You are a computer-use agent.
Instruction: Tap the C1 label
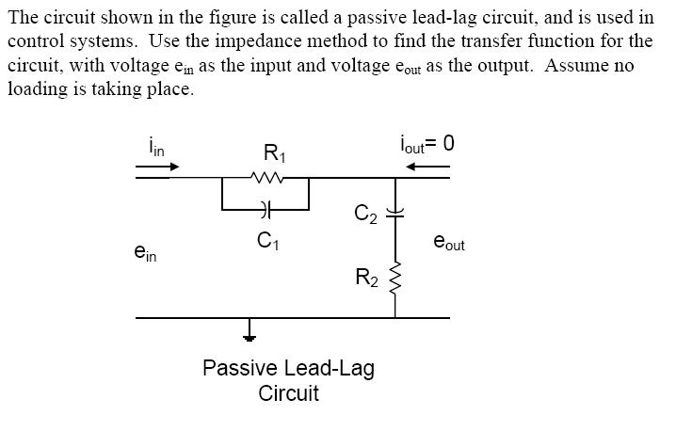[267, 242]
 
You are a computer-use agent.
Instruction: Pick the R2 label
[365, 278]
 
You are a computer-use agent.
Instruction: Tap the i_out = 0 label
[426, 143]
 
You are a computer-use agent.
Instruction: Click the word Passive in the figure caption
[233, 368]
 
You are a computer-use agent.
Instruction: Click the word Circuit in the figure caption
[288, 393]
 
